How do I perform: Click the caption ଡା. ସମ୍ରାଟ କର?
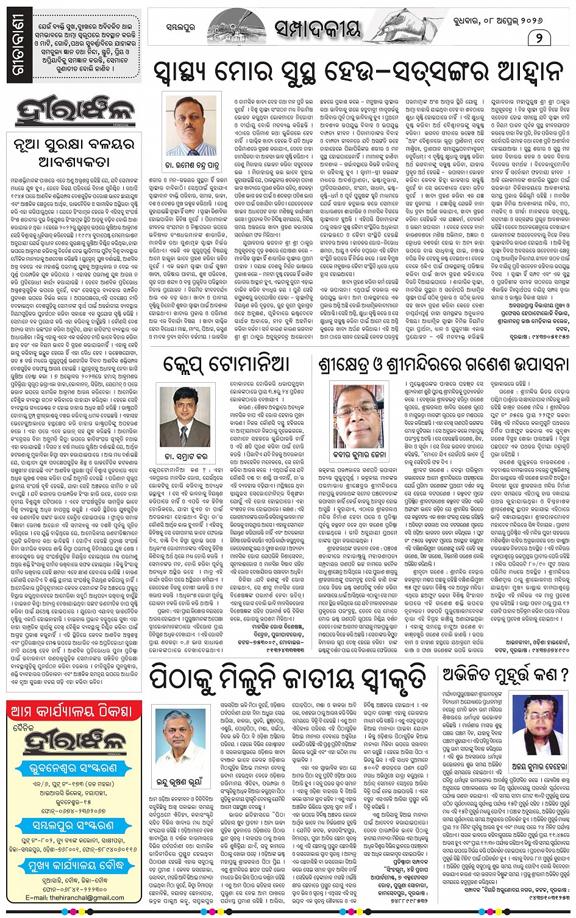pos(185,456)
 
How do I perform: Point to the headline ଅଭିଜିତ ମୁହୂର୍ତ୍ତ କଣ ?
pos(506,674)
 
